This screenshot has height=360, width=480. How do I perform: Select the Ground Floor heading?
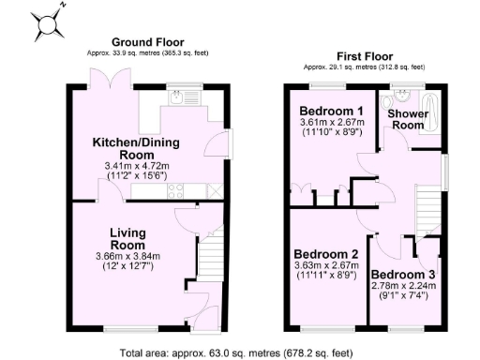147,42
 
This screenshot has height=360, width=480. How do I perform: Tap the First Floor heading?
364,56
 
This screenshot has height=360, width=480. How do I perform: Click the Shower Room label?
409,120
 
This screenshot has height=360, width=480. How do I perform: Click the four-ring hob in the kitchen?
175,191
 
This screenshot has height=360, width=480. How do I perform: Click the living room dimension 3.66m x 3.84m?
127,256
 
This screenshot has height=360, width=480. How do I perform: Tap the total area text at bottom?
237,352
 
